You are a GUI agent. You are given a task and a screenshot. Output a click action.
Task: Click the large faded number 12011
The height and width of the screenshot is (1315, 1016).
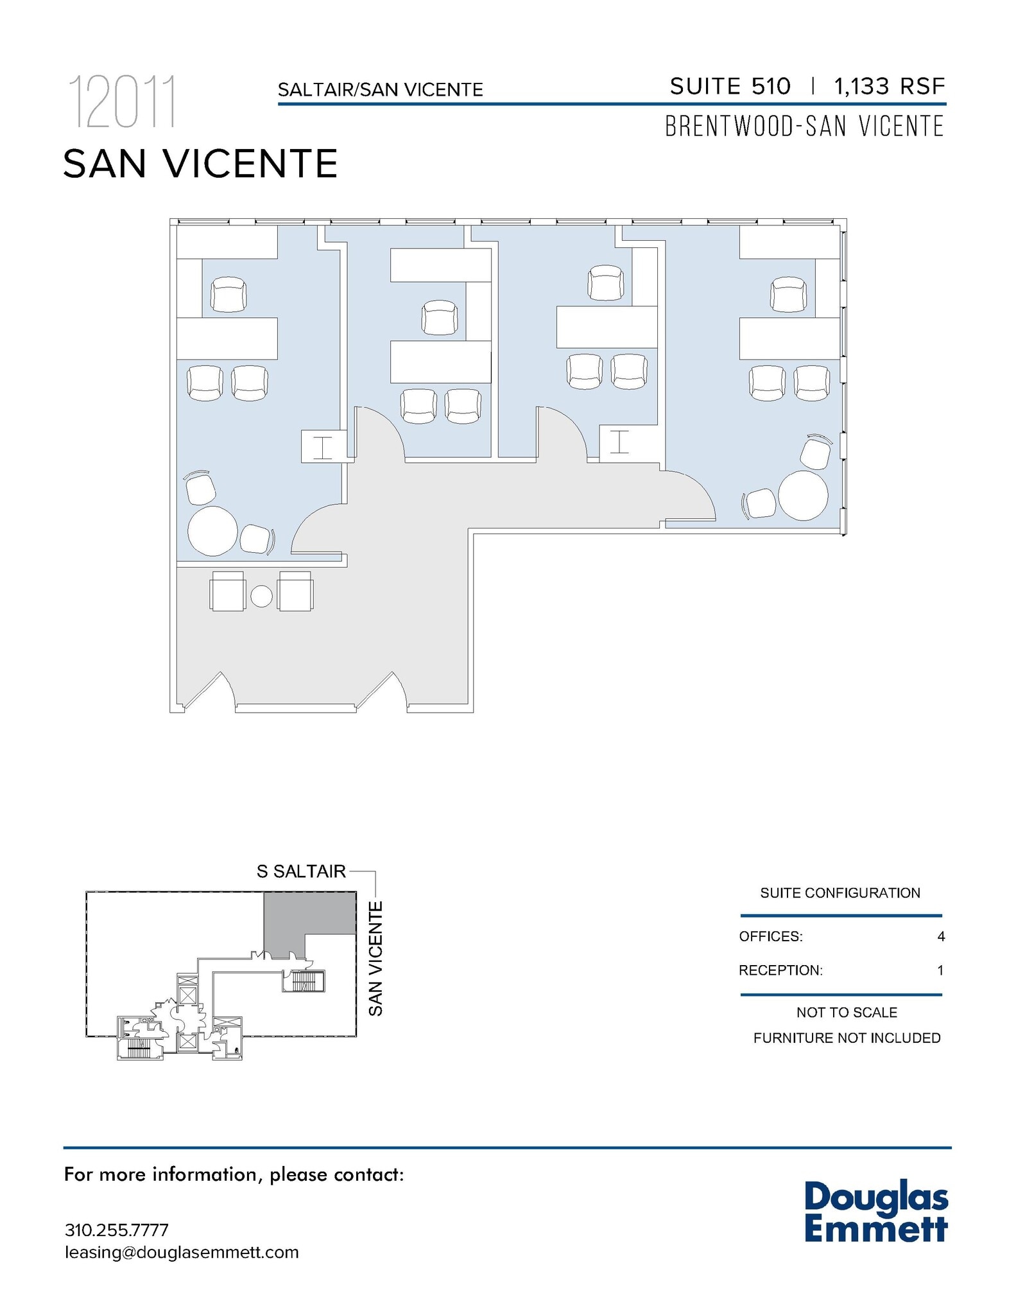(x=121, y=102)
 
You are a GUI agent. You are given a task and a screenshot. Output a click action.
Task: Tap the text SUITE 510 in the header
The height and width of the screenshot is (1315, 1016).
(x=730, y=86)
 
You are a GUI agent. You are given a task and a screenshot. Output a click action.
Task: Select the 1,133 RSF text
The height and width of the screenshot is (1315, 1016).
(x=889, y=86)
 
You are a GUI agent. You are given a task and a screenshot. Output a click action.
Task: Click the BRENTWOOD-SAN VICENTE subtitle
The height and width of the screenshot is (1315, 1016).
(x=804, y=126)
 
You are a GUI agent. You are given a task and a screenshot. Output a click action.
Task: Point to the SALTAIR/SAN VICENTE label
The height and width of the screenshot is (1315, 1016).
(x=380, y=90)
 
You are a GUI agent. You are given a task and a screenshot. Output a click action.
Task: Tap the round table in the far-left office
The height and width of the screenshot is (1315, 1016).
(x=212, y=530)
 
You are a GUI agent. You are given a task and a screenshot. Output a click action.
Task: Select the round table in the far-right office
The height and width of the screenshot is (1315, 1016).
(x=803, y=496)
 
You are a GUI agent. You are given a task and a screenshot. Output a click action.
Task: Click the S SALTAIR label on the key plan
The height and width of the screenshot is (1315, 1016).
(x=301, y=871)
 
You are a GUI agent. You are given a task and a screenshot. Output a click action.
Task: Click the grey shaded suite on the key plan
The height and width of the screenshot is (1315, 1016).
(x=309, y=914)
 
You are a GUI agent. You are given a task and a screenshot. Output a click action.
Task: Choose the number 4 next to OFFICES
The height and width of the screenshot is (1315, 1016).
(x=940, y=937)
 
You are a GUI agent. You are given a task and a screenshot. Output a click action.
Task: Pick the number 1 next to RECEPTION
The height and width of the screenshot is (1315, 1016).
(x=940, y=970)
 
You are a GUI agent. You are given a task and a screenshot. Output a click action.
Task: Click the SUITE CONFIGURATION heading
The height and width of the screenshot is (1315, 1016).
(x=839, y=893)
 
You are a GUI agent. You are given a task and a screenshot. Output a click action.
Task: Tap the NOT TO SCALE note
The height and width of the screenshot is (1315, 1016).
(x=847, y=1013)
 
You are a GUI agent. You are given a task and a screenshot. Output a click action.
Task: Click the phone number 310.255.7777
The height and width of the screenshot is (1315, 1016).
(x=116, y=1230)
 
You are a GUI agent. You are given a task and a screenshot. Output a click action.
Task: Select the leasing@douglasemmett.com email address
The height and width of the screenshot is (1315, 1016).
(x=182, y=1253)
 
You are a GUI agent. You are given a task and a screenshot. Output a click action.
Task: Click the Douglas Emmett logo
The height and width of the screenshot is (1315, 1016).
(x=875, y=1212)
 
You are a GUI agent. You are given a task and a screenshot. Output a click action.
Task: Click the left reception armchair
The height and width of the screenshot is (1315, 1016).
(x=227, y=591)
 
